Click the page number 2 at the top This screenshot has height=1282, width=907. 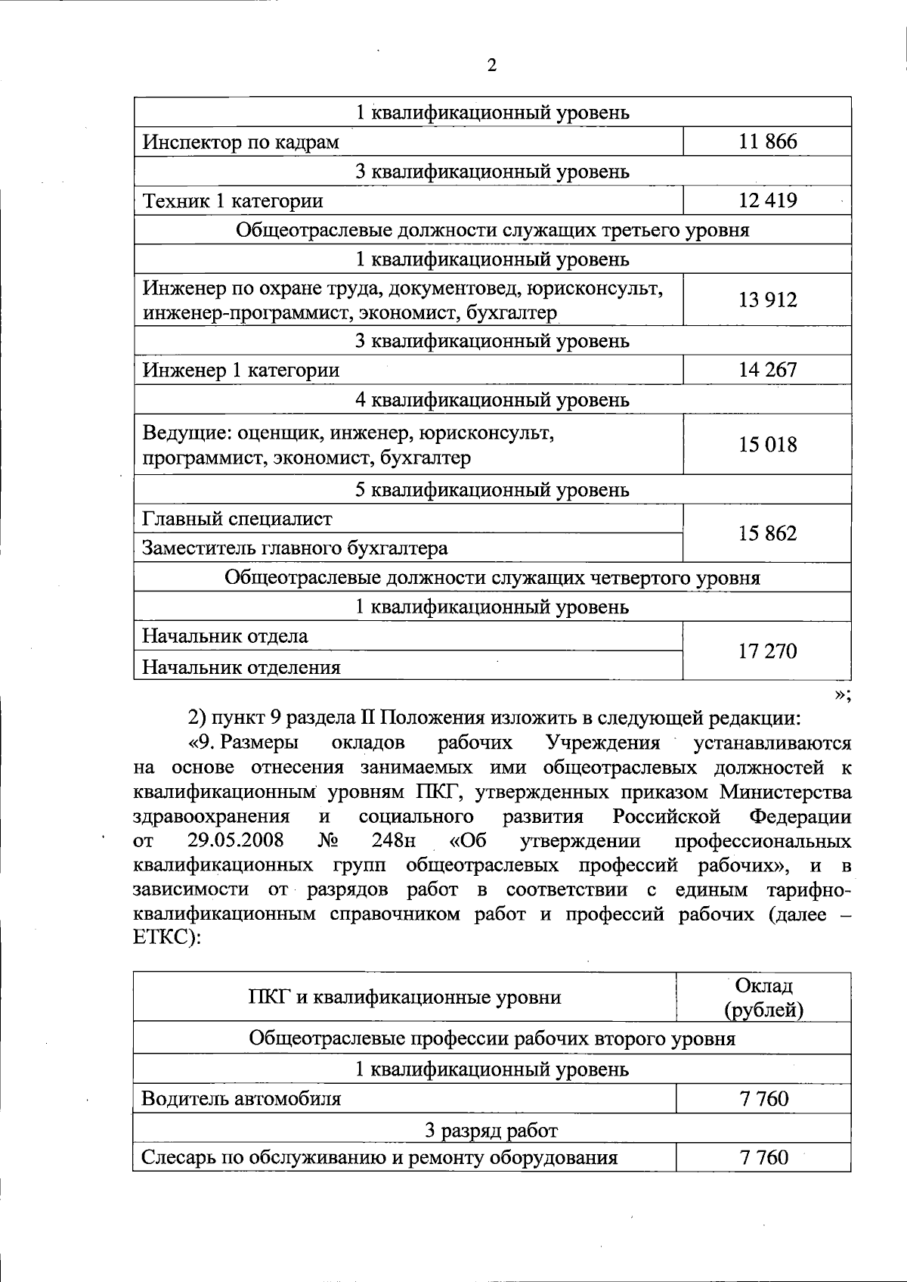[491, 66]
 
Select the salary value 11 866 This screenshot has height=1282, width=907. [767, 141]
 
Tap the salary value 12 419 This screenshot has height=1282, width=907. [767, 200]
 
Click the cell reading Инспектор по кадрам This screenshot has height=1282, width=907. [241, 142]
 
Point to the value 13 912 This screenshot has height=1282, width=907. [767, 300]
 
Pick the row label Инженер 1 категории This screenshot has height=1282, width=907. [241, 371]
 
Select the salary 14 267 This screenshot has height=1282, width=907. [767, 370]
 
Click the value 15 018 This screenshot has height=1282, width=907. [767, 444]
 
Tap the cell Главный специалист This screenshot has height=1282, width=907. [237, 519]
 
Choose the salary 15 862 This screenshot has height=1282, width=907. [767, 533]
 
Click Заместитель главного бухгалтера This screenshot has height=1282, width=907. [295, 548]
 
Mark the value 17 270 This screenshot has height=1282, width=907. [767, 651]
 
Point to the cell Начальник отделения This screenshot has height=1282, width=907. [241, 667]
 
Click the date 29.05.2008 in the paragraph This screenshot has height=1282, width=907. [235, 840]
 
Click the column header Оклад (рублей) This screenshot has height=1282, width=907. [763, 998]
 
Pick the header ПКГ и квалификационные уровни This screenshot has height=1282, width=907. [405, 998]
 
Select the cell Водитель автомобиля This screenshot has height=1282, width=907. [241, 1098]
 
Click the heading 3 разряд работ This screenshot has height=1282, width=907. [491, 1131]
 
